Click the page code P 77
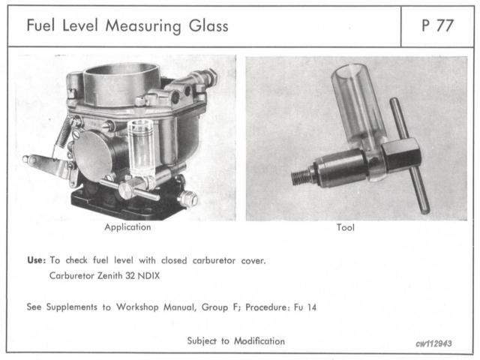pos(439,27)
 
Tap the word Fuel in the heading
pos(41,27)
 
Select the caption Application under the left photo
pos(127,226)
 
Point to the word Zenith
pos(116,275)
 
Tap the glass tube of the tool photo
pos(356,105)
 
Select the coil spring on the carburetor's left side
pos(65,128)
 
